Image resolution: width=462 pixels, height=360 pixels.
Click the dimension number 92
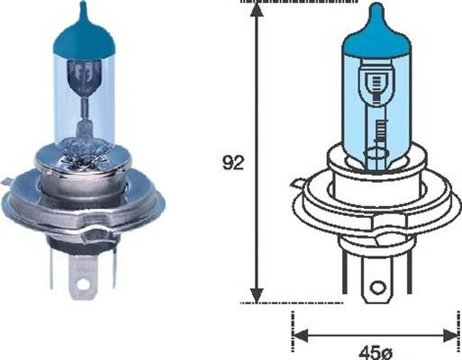(232, 163)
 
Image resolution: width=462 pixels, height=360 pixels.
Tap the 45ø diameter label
(371, 349)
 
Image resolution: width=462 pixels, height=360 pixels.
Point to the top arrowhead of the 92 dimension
(258, 11)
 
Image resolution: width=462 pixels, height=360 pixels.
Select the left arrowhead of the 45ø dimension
(301, 336)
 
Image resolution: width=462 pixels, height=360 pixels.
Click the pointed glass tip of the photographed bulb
(83, 7)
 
